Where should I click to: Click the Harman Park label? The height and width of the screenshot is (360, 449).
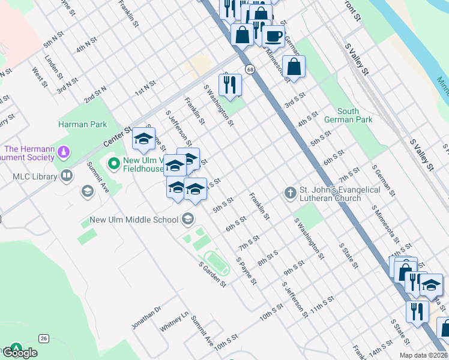tap(82, 125)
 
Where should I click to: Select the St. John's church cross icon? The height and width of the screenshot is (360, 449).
tap(290, 193)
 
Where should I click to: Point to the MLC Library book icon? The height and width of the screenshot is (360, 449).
tap(67, 176)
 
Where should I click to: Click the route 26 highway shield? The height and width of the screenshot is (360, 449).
tap(44, 338)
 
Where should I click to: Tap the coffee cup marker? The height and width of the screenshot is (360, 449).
tap(274, 36)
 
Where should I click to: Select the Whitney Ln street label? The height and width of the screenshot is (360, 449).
tap(175, 322)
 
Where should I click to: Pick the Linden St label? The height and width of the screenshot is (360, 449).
tap(53, 67)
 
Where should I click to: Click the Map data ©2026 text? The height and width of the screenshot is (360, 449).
tap(423, 355)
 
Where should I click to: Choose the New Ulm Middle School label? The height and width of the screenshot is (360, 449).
tap(134, 220)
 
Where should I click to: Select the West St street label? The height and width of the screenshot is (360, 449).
tap(40, 77)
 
